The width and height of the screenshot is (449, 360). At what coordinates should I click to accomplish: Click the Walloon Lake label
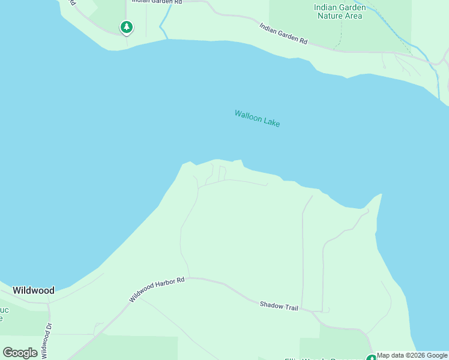(x=257, y=118)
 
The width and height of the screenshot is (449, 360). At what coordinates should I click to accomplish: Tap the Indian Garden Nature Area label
(x=339, y=11)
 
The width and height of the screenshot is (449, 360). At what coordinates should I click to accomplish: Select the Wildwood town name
(x=34, y=290)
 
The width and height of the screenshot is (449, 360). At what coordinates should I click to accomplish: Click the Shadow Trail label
(x=279, y=306)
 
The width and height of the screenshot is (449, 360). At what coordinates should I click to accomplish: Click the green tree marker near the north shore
(x=126, y=27)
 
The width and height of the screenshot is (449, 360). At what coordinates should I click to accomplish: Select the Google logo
(x=20, y=353)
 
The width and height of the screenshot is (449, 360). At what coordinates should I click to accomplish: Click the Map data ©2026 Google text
(x=412, y=355)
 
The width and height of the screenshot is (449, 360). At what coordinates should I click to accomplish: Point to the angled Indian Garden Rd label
(x=283, y=34)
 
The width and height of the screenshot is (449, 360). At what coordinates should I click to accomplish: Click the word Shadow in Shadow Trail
(x=271, y=305)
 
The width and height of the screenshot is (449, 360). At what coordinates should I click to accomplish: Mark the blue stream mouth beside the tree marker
(x=163, y=29)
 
